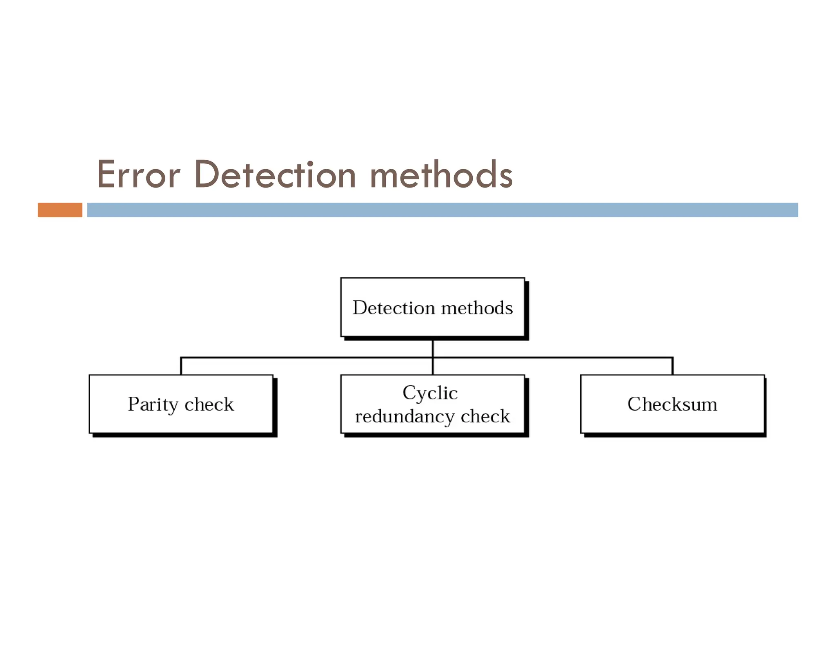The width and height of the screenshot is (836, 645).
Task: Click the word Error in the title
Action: pyautogui.click(x=138, y=175)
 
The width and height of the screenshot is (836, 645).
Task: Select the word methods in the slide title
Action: pyautogui.click(x=441, y=175)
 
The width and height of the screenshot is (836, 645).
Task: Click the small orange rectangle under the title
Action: pyautogui.click(x=60, y=210)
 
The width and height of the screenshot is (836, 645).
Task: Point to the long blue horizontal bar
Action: pyautogui.click(x=442, y=210)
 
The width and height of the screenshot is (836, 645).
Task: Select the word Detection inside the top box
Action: pyautogui.click(x=394, y=308)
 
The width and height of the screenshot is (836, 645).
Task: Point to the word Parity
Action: pyautogui.click(x=153, y=404)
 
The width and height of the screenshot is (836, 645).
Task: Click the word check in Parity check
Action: pyautogui.click(x=209, y=404)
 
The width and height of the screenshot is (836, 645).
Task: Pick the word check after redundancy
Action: pyautogui.click(x=485, y=417)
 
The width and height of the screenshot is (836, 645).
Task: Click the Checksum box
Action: pyautogui.click(x=672, y=422)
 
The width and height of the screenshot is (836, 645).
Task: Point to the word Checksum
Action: pyautogui.click(x=672, y=404)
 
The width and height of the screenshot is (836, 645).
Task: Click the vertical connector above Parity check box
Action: pyautogui.click(x=181, y=366)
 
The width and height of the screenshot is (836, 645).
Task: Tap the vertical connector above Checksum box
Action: pyautogui.click(x=672, y=366)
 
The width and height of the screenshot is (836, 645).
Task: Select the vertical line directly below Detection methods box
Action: pyautogui.click(x=432, y=347)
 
